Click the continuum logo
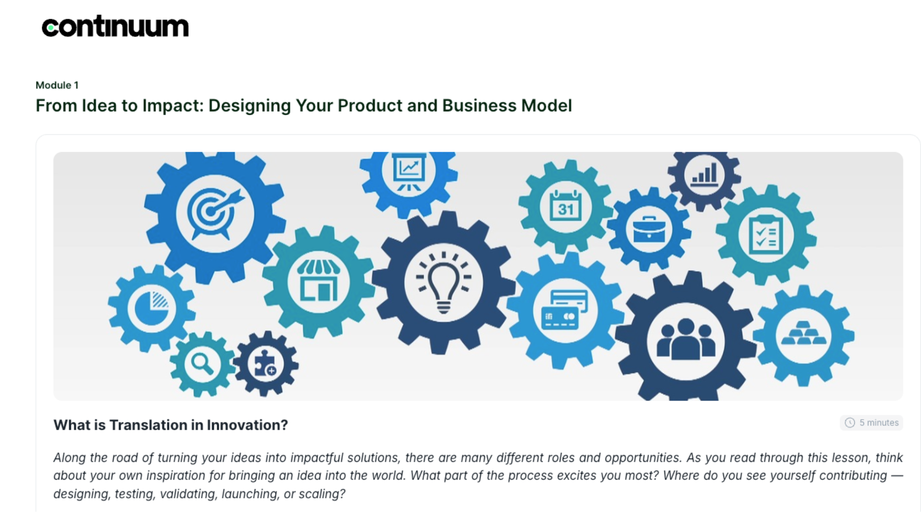(x=115, y=26)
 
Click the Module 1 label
(x=57, y=85)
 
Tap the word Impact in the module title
(x=171, y=106)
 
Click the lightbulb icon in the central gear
(x=444, y=282)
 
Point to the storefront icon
(x=319, y=281)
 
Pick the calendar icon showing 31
(x=566, y=206)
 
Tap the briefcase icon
(x=649, y=230)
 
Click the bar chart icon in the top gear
(x=705, y=173)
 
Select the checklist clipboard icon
(x=766, y=235)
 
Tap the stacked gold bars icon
(x=804, y=333)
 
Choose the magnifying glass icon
(x=202, y=364)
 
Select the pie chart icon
(x=152, y=307)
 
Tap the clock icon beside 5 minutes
(x=850, y=423)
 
